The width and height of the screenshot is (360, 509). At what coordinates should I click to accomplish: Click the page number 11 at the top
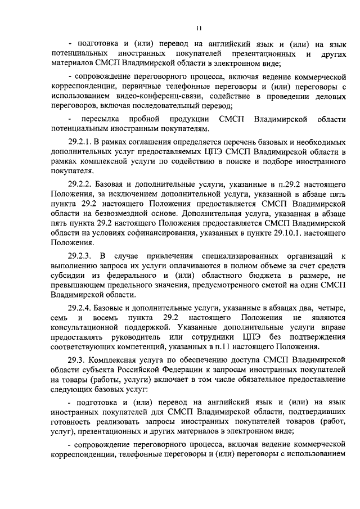click(198, 28)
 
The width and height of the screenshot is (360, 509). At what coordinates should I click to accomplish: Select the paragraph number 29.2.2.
click(81, 184)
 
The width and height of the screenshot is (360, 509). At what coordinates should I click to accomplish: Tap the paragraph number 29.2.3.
click(82, 256)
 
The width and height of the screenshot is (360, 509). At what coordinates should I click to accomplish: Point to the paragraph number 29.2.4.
click(81, 308)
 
